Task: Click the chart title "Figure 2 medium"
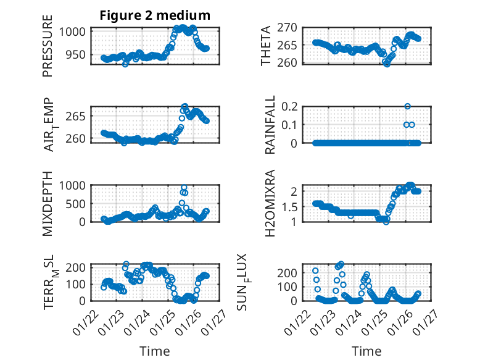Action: tap(155, 15)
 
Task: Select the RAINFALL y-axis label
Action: tap(271, 126)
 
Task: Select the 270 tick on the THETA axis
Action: tap(294, 27)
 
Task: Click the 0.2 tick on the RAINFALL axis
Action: tap(296, 106)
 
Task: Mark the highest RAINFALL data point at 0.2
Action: tap(407, 106)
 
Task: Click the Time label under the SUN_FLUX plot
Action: tap(366, 351)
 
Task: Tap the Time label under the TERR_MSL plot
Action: tap(155, 351)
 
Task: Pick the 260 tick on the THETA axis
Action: tap(294, 62)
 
